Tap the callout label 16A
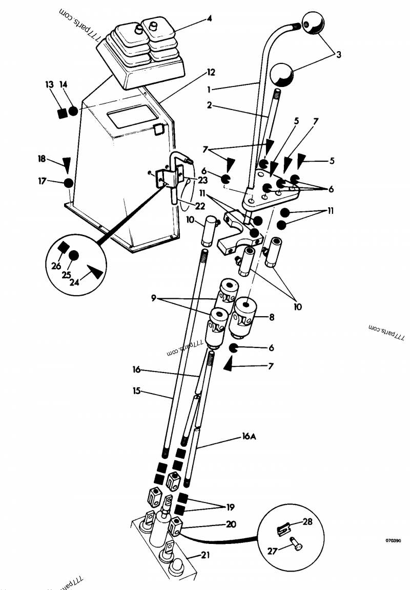(248, 436)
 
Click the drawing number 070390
(394, 539)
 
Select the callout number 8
(272, 317)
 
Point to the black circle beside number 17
(68, 182)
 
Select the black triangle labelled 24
(96, 271)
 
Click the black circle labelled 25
(74, 255)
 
